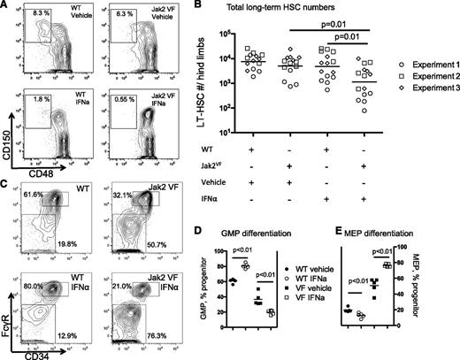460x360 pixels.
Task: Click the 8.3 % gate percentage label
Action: coord(29,16)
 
